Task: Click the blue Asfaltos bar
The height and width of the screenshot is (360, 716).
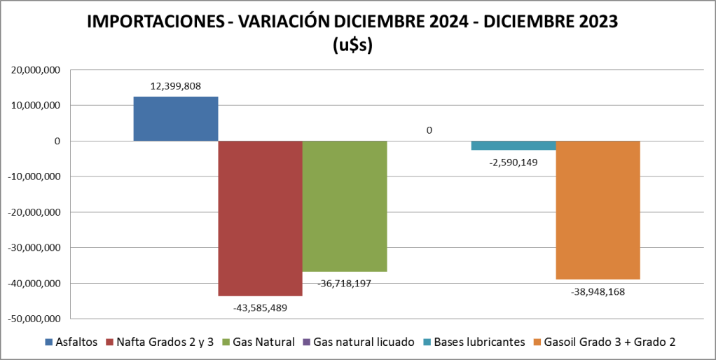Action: tap(176, 119)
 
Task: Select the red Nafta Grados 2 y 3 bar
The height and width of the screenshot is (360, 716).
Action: tap(260, 218)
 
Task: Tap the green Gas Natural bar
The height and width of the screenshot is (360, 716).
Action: tap(345, 206)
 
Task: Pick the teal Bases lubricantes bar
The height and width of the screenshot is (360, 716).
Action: tap(513, 145)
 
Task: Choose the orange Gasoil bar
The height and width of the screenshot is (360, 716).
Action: tap(598, 210)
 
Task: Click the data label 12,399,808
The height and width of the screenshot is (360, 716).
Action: tap(176, 86)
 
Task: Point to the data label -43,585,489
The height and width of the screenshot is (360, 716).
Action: tap(260, 307)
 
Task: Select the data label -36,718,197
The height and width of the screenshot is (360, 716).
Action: tap(345, 283)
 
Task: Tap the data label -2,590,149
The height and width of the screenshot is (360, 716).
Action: tap(513, 162)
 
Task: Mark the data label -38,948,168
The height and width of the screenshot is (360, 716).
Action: tap(598, 291)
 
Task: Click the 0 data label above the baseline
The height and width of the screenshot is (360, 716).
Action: tap(429, 130)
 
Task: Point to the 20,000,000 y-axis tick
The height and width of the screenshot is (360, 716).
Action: tap(35, 70)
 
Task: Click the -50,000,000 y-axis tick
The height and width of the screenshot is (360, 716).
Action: tap(34, 319)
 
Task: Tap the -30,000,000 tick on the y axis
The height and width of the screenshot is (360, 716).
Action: tap(34, 247)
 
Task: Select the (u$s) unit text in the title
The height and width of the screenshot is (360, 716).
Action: tap(352, 46)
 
